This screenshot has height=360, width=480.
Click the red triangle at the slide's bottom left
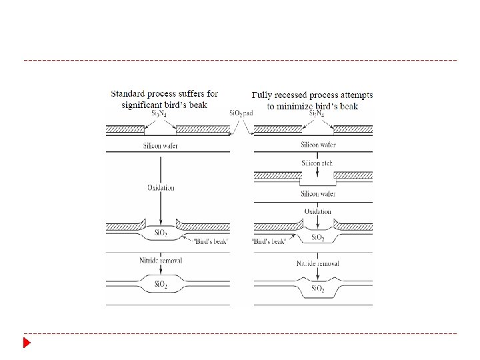coord(27,343)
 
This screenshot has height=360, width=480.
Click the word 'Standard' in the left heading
coord(131,94)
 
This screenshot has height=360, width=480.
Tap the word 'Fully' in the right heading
coord(265,95)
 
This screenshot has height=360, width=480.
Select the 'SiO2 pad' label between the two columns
coord(241,113)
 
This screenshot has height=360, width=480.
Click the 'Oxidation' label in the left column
coord(161,187)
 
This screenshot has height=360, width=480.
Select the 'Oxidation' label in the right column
coord(318,211)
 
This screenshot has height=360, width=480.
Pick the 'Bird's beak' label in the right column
coord(270,240)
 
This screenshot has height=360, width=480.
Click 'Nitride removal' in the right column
coord(318,263)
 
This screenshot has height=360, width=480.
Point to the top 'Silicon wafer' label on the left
coord(161,145)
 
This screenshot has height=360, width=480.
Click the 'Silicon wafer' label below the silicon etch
coord(318,193)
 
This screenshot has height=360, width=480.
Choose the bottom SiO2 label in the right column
coord(318,289)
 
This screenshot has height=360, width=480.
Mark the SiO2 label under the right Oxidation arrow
coord(318,237)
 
